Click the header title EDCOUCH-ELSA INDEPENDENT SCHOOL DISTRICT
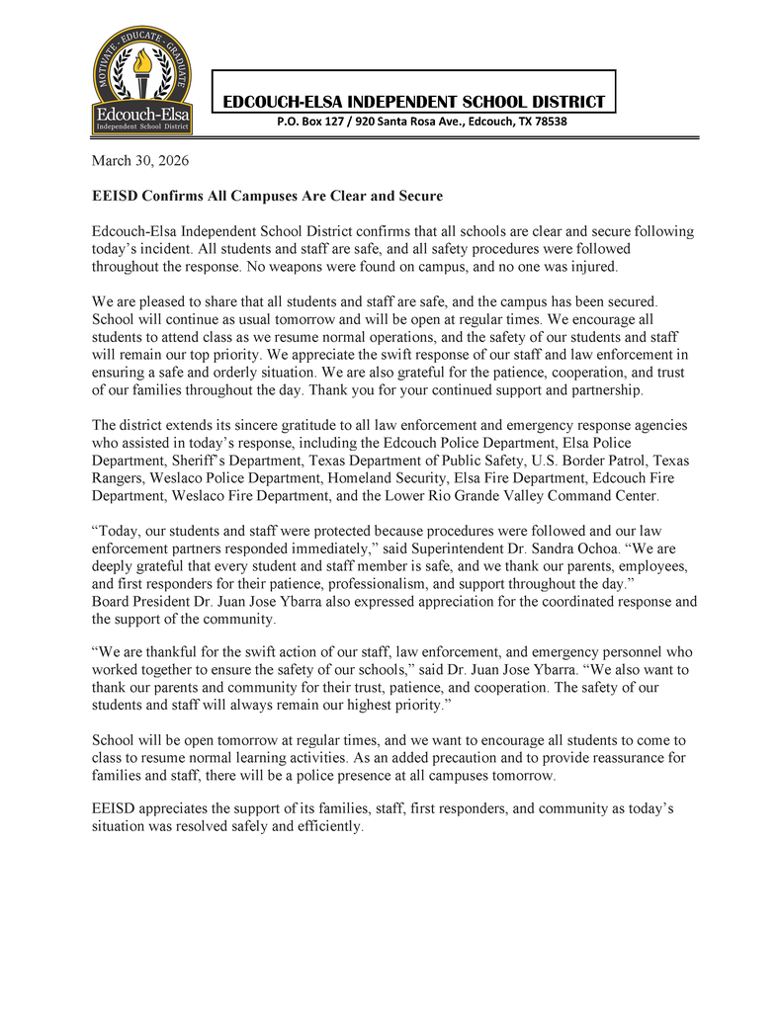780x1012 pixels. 413,102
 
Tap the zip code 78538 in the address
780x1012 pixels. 547,123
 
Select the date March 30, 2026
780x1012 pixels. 139,160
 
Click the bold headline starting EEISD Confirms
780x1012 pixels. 267,196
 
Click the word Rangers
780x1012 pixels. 121,478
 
